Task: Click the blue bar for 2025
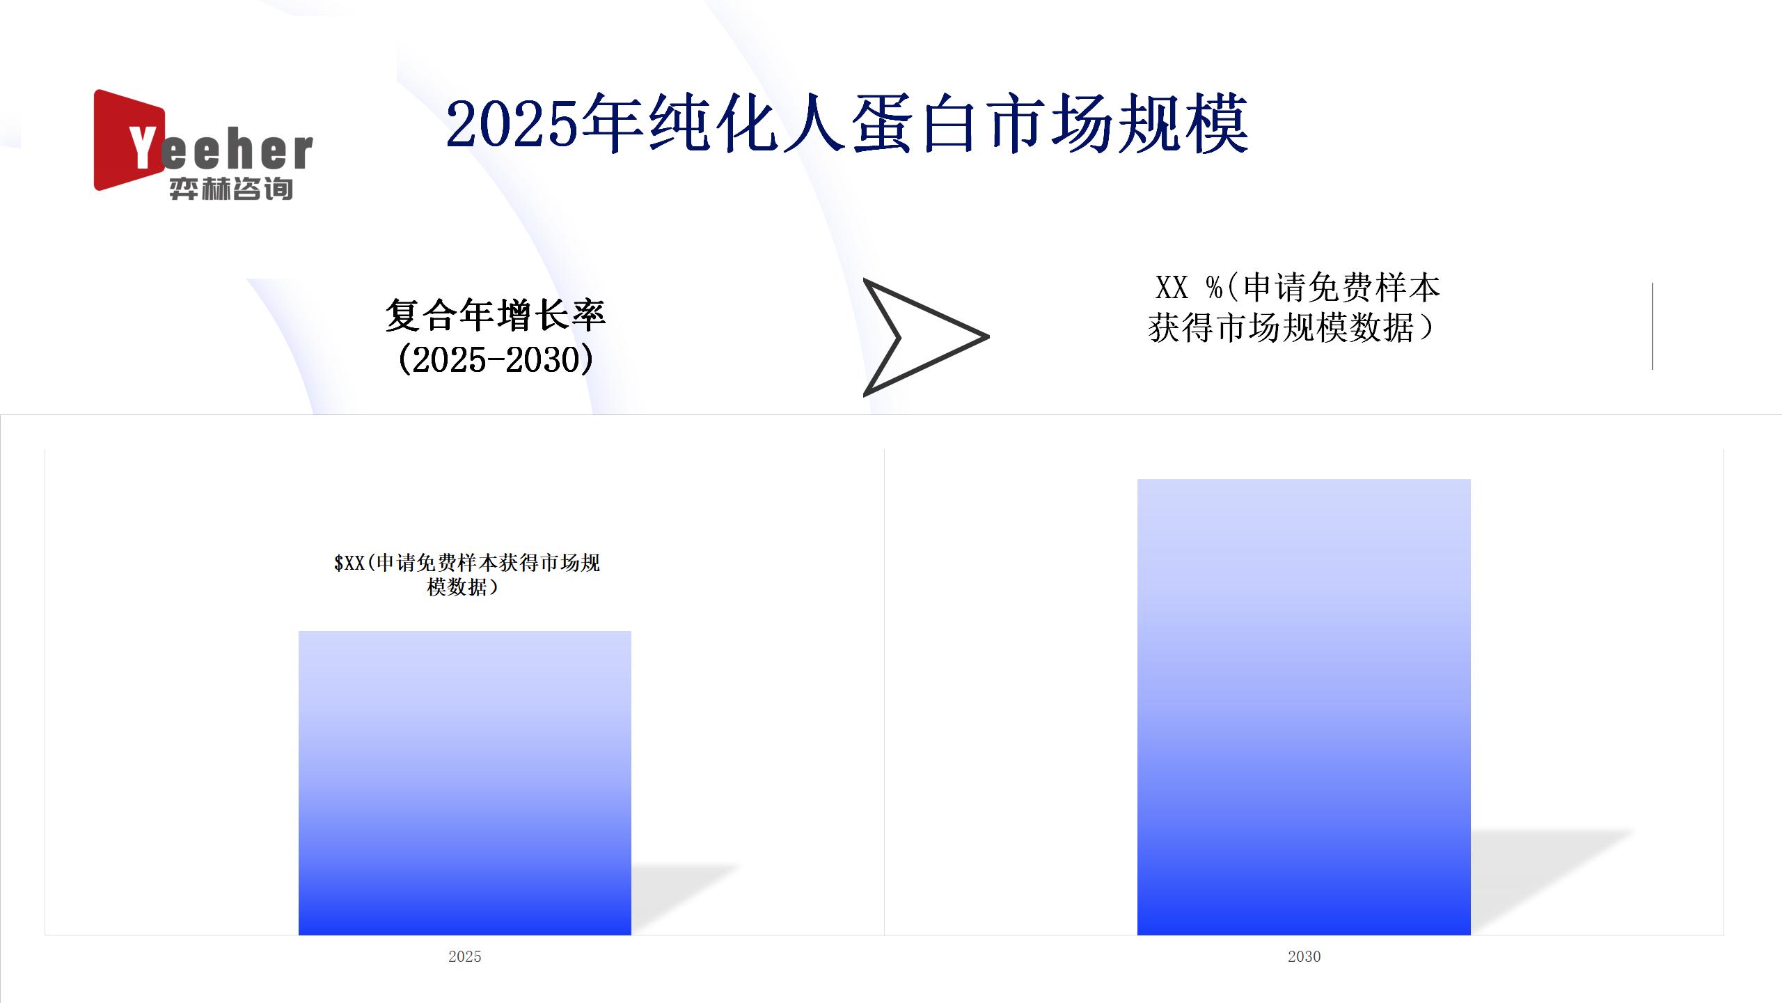465,783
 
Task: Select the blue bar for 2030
1304,707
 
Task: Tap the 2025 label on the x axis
465,956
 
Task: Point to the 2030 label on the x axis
1304,956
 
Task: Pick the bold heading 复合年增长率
496,315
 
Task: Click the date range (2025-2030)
496,359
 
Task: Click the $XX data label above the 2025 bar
466,575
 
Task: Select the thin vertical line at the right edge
1652,326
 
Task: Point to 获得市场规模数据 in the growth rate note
1281,327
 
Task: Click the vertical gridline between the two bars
884,692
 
